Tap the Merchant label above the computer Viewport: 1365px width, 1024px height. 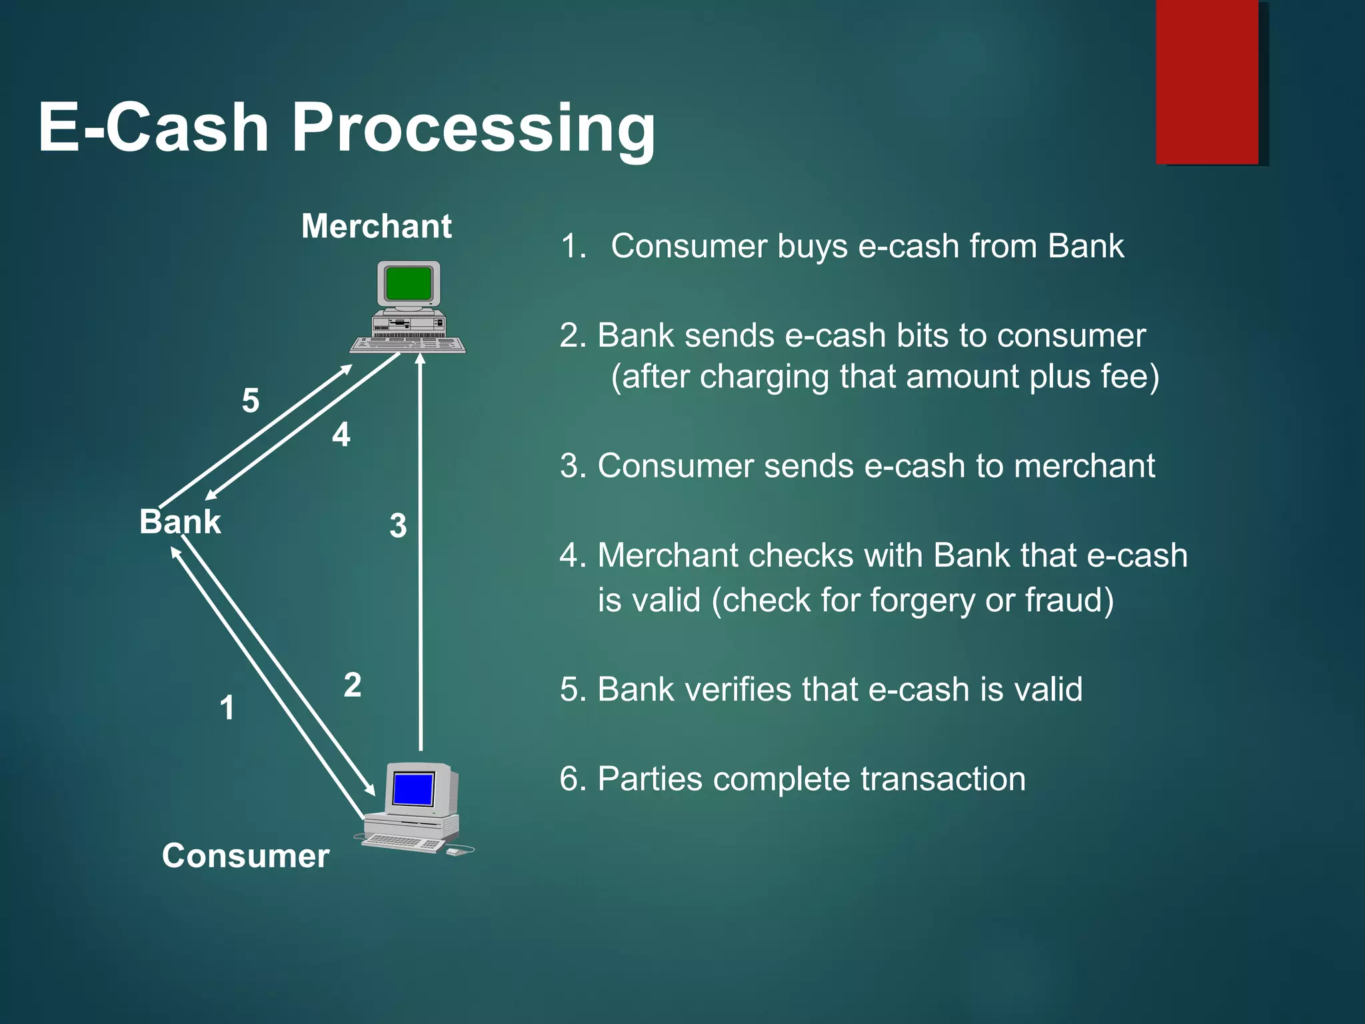pyautogui.click(x=377, y=226)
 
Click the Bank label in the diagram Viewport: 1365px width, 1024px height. pyautogui.click(x=180, y=521)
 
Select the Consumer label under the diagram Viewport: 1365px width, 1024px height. pyautogui.click(x=245, y=855)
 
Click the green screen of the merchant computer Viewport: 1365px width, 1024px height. pyautogui.click(x=408, y=284)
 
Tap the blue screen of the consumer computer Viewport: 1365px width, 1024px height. pyautogui.click(x=414, y=789)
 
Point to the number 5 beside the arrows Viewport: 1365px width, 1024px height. pyautogui.click(x=251, y=401)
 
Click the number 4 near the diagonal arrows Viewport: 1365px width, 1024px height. pyautogui.click(x=341, y=435)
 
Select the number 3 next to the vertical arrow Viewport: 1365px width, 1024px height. pyautogui.click(x=398, y=525)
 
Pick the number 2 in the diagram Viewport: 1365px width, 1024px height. pyautogui.click(x=353, y=685)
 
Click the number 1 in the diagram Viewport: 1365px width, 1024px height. pyautogui.click(x=227, y=707)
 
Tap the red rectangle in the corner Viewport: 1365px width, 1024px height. pyautogui.click(x=1207, y=81)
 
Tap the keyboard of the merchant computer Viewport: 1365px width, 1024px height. pyautogui.click(x=408, y=345)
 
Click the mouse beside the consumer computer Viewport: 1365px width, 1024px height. pyautogui.click(x=454, y=851)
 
